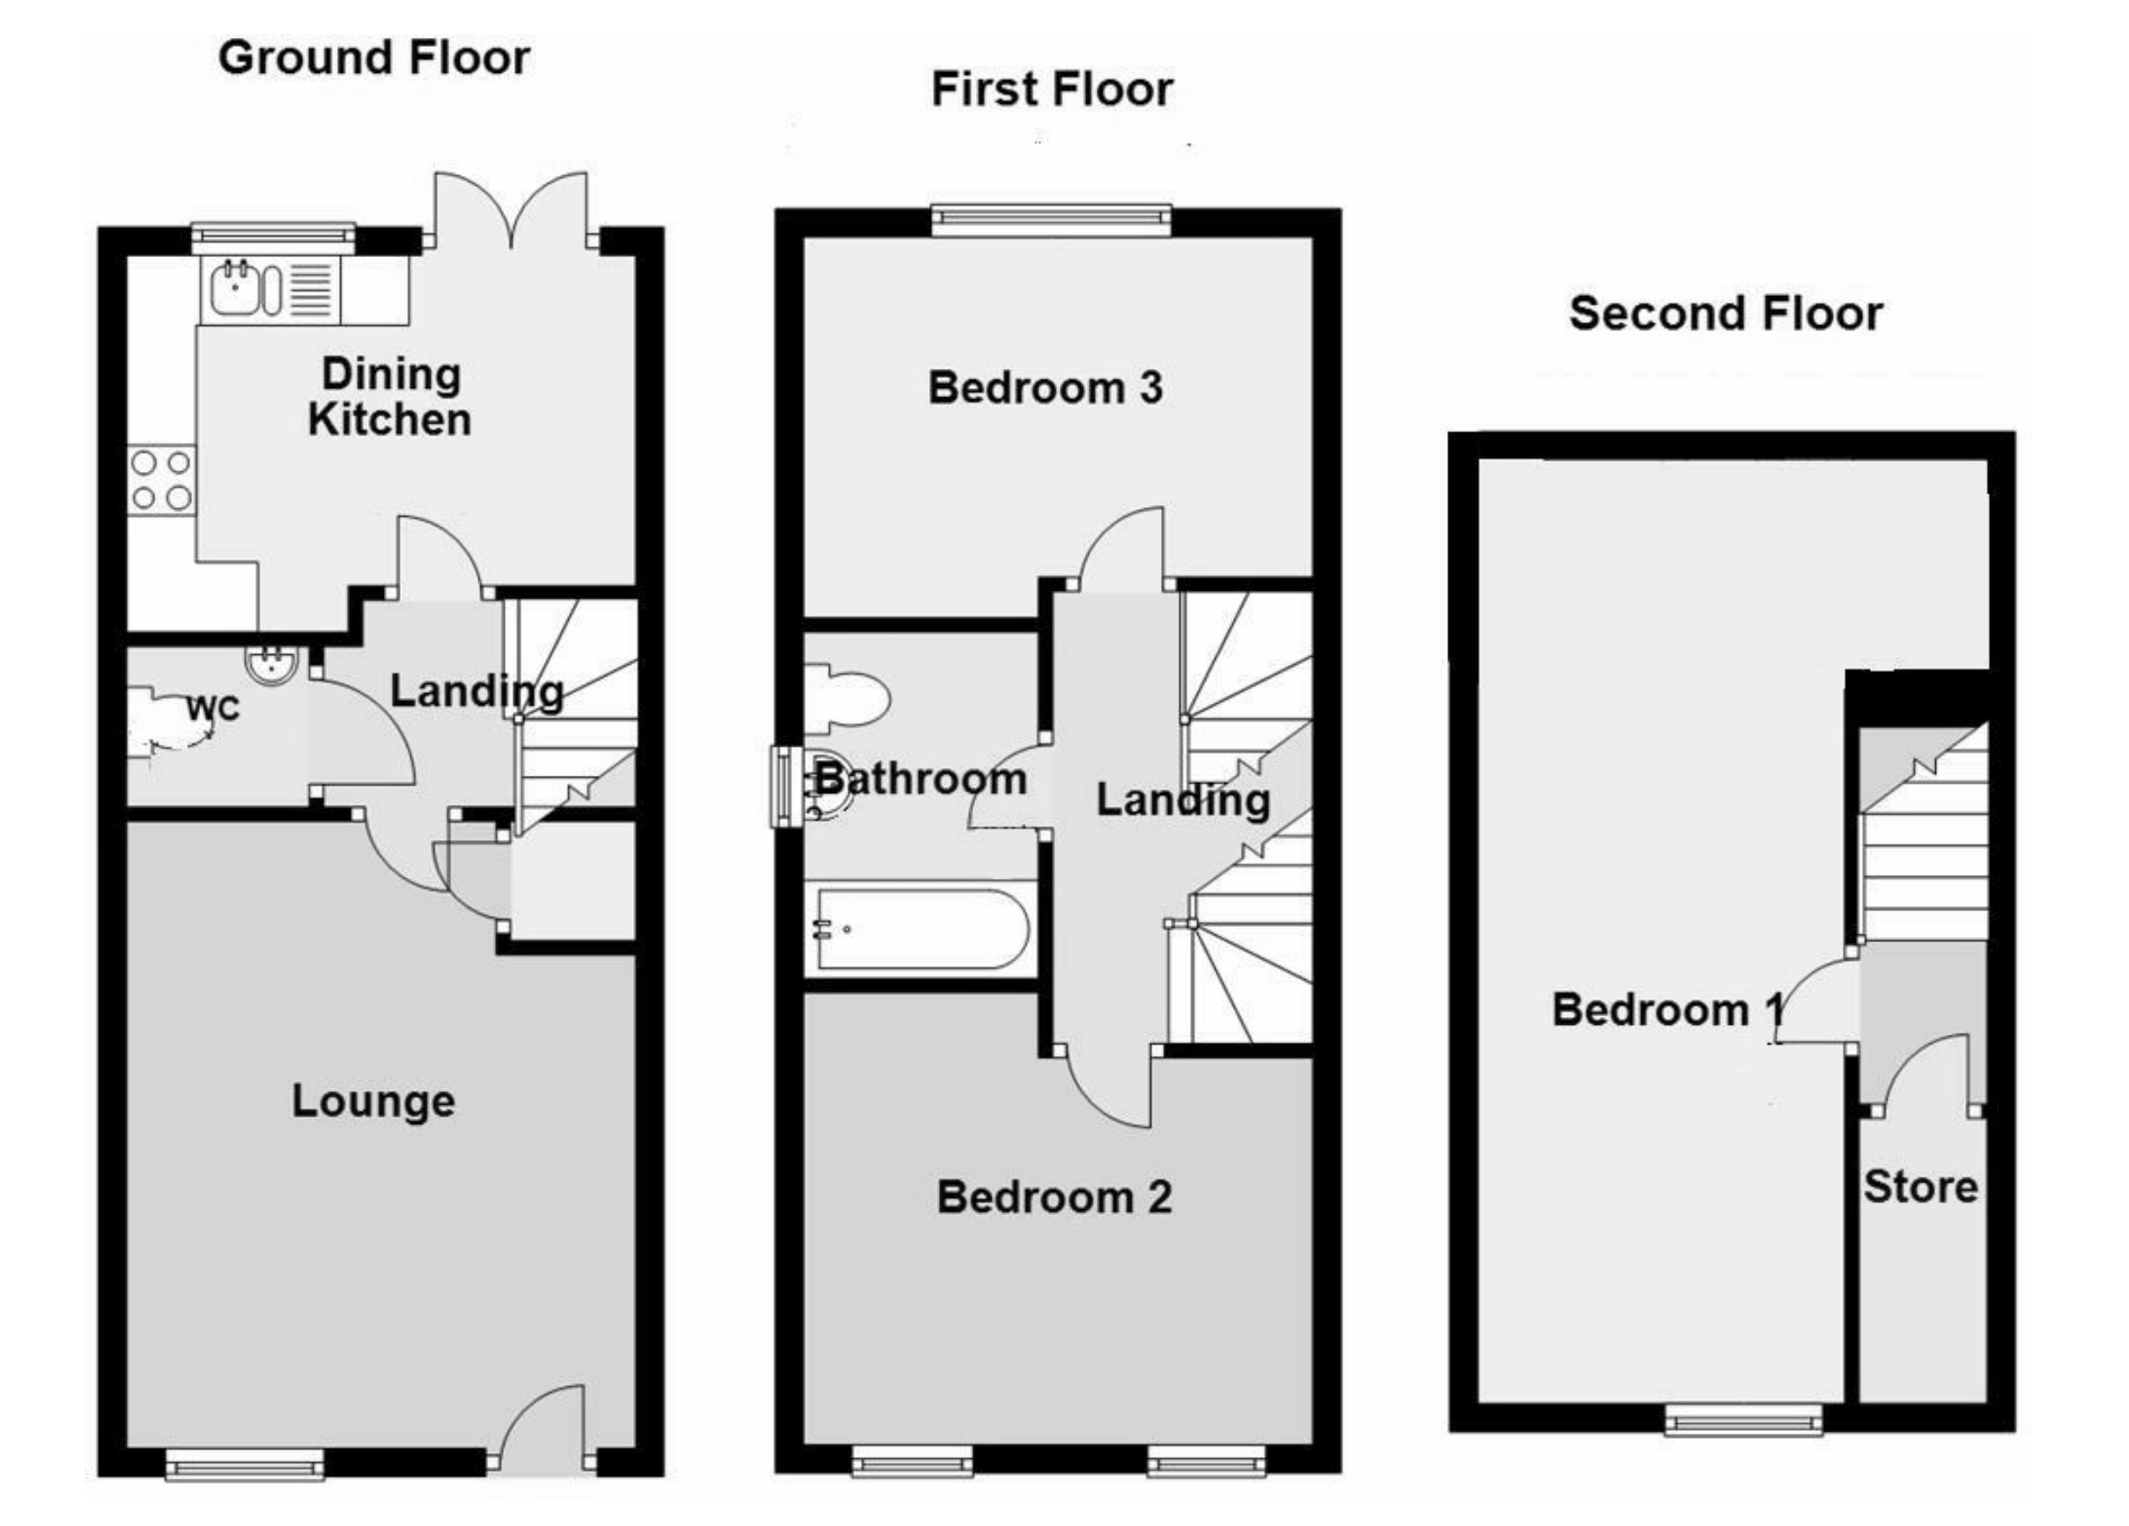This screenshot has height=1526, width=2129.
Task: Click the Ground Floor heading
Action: [373, 58]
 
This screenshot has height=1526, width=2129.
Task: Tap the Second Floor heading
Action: [1726, 313]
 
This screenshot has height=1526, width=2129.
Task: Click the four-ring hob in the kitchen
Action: [161, 480]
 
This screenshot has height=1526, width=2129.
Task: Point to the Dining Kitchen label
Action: [389, 397]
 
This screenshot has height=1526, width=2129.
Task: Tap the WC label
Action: [213, 708]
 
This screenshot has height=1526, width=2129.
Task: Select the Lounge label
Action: [373, 1101]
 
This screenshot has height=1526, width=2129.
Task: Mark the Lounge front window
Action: [244, 1463]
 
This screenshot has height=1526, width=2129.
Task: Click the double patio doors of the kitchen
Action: [512, 211]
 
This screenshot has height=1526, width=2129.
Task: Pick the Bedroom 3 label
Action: [1045, 387]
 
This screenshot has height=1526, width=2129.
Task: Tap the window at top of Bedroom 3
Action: [1052, 219]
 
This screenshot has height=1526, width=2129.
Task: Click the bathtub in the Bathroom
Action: [922, 928]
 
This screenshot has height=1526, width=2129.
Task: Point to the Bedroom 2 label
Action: [1054, 1198]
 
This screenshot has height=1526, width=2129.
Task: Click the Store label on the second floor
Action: [1920, 1187]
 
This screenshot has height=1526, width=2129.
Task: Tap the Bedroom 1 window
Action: [1743, 1420]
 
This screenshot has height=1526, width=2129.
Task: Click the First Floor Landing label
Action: [1183, 800]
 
